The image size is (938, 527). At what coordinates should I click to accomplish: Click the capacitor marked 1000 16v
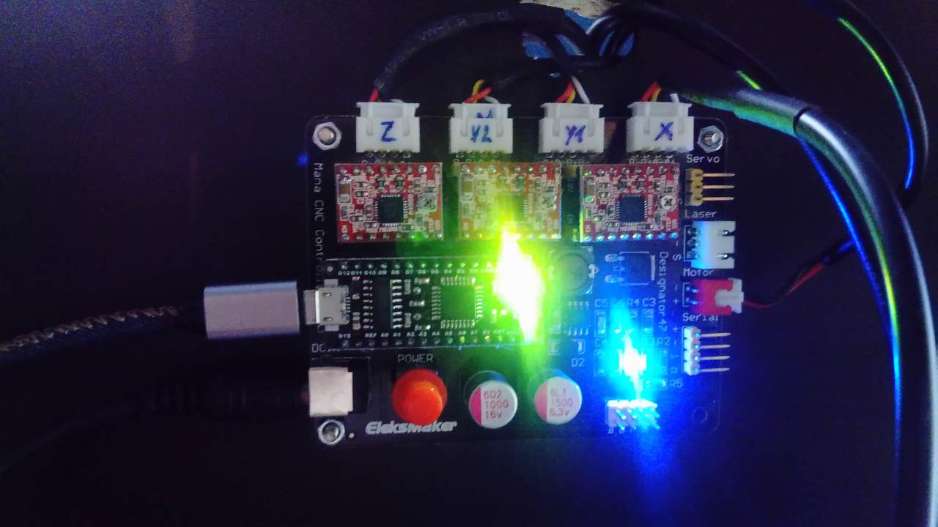coord(490,403)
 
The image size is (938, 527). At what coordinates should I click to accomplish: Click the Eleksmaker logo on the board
coord(411,427)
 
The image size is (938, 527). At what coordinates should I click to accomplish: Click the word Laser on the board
coord(700,214)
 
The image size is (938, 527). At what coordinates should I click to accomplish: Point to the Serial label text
coord(700,318)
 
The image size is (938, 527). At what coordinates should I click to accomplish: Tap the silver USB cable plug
coord(249,310)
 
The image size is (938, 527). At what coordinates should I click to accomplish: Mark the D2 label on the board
coord(577,362)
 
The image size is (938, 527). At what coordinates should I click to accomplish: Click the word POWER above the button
coord(415,359)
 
